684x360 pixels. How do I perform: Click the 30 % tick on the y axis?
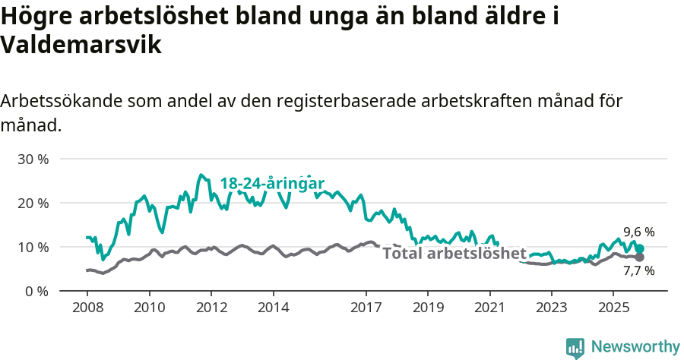tap(33, 159)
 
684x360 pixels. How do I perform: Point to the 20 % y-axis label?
tap(33, 204)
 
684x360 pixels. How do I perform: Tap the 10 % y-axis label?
tap(33, 248)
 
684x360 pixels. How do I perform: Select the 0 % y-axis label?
tap(36, 292)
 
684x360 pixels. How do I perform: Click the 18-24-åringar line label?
tap(272, 184)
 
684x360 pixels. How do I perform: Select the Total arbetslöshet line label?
tap(454, 254)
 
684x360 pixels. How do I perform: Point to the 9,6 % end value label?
tap(639, 232)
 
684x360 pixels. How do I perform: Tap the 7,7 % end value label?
tap(639, 270)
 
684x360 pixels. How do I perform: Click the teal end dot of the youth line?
tap(640, 248)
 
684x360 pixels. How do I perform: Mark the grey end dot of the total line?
tap(640, 257)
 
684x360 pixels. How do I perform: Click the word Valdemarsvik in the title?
tap(81, 46)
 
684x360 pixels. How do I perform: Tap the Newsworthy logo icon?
tap(575, 348)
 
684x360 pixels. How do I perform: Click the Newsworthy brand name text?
tap(635, 347)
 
